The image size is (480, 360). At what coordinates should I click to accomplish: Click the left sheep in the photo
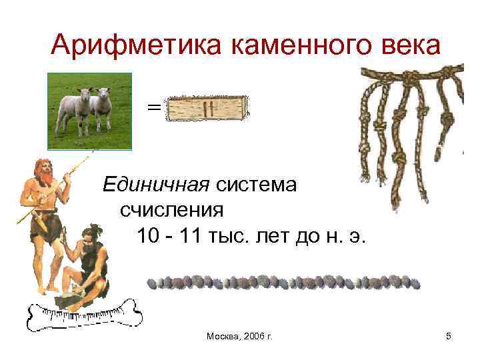point(74,107)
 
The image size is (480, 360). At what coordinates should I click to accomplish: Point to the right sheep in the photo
point(101,109)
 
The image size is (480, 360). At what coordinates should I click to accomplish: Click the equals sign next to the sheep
point(153,107)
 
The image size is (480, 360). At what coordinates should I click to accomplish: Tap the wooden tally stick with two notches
point(207,109)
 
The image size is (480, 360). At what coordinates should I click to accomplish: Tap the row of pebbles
point(283,282)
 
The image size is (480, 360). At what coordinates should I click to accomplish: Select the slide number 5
point(449,337)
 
